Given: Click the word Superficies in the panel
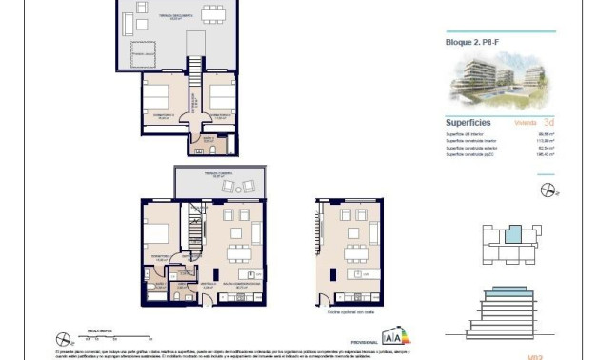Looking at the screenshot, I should [x=468, y=122].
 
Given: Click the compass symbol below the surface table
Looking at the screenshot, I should [x=547, y=190].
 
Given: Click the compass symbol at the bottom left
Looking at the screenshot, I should [x=64, y=336].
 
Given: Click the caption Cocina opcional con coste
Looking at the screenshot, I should [x=349, y=312].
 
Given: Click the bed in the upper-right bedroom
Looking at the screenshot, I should [x=222, y=97].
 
